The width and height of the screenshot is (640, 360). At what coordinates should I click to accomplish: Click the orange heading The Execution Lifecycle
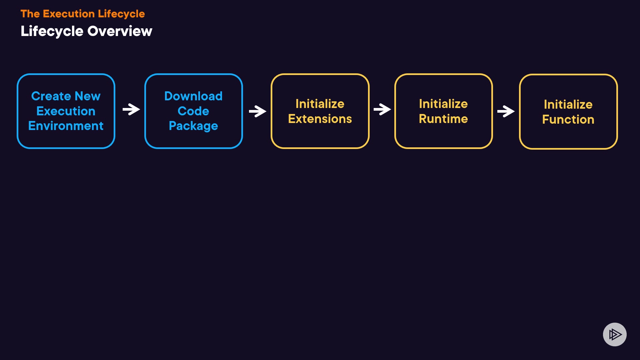click(83, 14)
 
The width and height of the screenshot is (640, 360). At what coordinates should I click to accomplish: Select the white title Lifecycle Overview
click(86, 31)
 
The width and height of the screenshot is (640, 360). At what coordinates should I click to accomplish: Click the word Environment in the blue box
click(66, 126)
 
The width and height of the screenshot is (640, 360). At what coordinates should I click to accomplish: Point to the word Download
click(193, 96)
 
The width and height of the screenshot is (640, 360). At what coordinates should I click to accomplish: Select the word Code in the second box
click(193, 111)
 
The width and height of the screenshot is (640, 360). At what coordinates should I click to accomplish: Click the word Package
click(193, 126)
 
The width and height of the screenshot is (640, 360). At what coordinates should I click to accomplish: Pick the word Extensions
click(320, 119)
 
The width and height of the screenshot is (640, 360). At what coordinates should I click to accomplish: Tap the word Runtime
click(443, 119)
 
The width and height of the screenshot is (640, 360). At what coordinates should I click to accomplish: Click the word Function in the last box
click(568, 119)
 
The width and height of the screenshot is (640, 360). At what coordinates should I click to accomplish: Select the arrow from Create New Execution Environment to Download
click(131, 109)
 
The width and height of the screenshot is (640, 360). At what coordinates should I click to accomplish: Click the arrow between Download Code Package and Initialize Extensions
click(257, 111)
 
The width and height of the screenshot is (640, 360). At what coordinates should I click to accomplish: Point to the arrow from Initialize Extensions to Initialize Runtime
click(382, 109)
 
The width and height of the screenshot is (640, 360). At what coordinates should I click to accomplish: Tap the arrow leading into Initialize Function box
click(506, 111)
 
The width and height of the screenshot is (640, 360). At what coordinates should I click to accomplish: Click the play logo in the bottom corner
click(615, 334)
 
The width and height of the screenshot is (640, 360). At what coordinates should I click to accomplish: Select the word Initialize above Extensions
click(320, 104)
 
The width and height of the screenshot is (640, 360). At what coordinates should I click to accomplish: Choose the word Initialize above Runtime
click(443, 104)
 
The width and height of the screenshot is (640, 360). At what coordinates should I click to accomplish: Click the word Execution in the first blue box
click(66, 111)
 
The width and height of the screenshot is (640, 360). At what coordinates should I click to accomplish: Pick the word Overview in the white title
click(120, 31)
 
